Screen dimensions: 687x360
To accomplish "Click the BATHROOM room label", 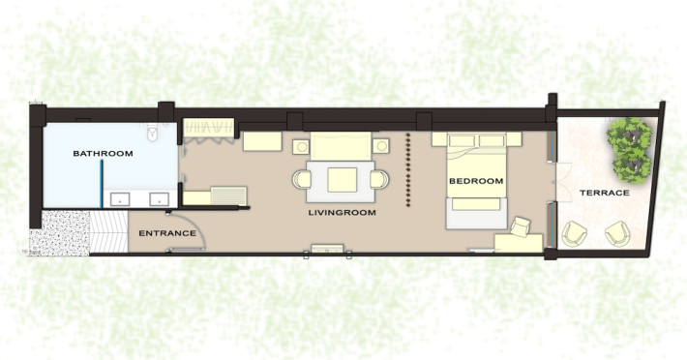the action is click(103, 154).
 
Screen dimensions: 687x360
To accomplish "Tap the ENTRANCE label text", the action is click(167, 233).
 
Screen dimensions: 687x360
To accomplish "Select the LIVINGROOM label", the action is click(343, 213).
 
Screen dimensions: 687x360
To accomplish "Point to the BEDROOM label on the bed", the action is click(476, 181).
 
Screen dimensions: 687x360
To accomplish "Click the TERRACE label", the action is click(605, 193).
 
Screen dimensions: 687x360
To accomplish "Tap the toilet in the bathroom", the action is click(153, 132).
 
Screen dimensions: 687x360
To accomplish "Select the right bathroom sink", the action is click(159, 199).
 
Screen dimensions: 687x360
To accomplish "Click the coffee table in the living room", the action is click(342, 180).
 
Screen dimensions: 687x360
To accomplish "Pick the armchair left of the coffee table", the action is click(302, 180).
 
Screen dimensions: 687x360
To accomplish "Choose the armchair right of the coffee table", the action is click(379, 180).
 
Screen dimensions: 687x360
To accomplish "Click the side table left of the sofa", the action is click(301, 146).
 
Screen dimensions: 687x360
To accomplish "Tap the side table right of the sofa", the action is click(380, 146).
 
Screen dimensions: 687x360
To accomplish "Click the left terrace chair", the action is click(574, 234).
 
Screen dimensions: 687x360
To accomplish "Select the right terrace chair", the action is click(617, 234).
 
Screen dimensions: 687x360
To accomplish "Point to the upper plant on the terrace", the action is click(630, 134).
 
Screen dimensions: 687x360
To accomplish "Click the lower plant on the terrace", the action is click(632, 166).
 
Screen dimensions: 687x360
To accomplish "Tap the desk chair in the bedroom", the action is click(521, 226).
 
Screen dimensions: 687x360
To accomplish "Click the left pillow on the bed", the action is click(462, 141).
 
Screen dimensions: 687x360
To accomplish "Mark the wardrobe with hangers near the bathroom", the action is click(209, 128).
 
